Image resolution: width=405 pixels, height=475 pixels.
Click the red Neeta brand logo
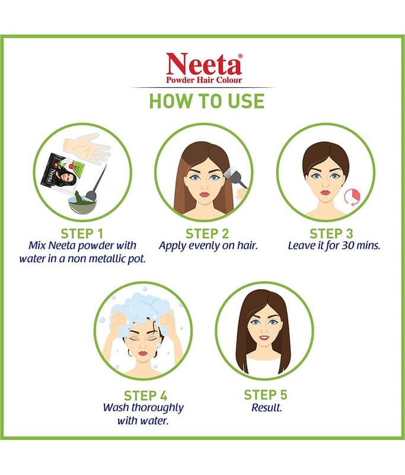pos(204,64)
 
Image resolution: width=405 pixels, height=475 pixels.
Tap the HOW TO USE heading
pos(207,101)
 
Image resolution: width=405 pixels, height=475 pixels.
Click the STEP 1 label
pos(82,234)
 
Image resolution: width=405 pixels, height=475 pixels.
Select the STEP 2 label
pos(207,234)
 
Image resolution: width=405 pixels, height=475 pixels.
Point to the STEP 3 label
pos(331,234)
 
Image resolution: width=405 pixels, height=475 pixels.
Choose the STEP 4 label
pos(145,396)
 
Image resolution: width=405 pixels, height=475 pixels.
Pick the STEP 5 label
pos(266,395)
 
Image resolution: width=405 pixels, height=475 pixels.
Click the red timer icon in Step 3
pos(353,197)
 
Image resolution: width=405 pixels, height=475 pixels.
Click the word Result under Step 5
pos(266,408)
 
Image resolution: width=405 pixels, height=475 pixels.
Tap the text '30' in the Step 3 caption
pos(348,245)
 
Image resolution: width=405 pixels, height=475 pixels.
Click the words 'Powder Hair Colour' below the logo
pos(204,80)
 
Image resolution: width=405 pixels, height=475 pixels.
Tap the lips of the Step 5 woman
pos(264,337)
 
